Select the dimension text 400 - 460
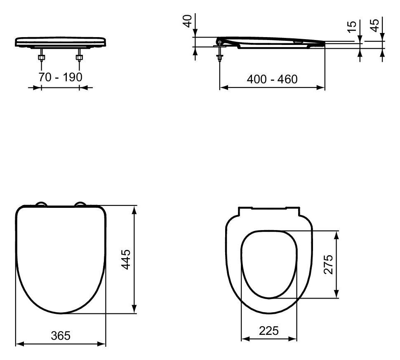click(x=272, y=79)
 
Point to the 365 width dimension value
click(x=60, y=336)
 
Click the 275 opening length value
click(x=328, y=264)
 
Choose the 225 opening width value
click(x=268, y=330)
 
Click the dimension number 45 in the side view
click(x=374, y=26)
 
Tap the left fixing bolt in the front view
click(x=41, y=56)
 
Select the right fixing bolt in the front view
click(x=78, y=56)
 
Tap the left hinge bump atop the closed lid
click(x=41, y=204)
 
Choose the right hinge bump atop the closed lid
click(x=80, y=204)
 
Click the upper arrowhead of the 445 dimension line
click(x=134, y=210)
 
